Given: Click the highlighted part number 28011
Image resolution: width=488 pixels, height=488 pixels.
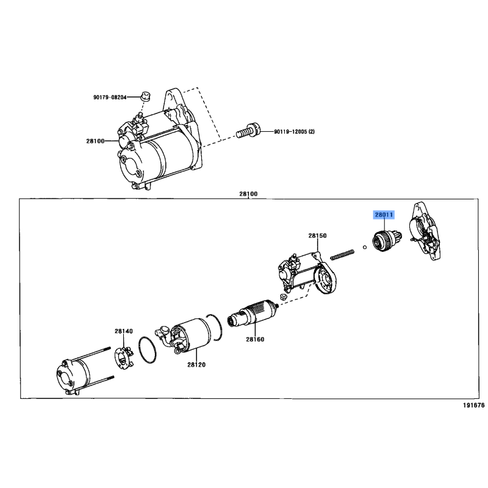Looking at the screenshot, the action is (x=384, y=215).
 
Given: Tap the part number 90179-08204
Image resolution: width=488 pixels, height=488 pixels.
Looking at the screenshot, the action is (x=110, y=98).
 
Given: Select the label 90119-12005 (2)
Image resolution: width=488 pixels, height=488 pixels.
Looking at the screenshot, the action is (x=294, y=132).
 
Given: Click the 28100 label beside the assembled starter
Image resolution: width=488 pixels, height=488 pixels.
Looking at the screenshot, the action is (x=95, y=141).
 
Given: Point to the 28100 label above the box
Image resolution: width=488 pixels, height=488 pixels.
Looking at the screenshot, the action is (x=248, y=194).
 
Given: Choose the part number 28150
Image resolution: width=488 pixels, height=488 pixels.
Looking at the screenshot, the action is (x=317, y=235).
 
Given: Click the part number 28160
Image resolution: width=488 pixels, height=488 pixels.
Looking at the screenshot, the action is (x=255, y=339).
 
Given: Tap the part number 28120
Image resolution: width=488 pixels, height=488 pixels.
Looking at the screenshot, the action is (x=196, y=364).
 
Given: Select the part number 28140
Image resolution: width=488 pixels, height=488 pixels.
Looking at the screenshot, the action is (x=124, y=331).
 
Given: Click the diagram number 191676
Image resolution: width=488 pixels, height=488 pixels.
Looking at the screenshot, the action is (x=474, y=405).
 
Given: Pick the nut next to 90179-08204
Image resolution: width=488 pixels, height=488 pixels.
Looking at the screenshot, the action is (x=145, y=96).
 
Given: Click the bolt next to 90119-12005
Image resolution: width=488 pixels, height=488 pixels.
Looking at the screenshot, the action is (x=248, y=132).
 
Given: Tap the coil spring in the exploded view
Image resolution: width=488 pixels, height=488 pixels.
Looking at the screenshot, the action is (x=342, y=254).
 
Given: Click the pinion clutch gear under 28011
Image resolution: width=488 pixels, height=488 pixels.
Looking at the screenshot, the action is (x=386, y=241).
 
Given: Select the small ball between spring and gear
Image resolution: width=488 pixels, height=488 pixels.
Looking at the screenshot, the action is (x=364, y=248).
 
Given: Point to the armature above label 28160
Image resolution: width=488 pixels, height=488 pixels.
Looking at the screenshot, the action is (x=253, y=312).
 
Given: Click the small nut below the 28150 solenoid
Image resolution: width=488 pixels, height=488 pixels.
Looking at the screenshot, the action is (x=282, y=296).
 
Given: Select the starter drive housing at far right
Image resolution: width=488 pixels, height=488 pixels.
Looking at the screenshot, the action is (x=424, y=231).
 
